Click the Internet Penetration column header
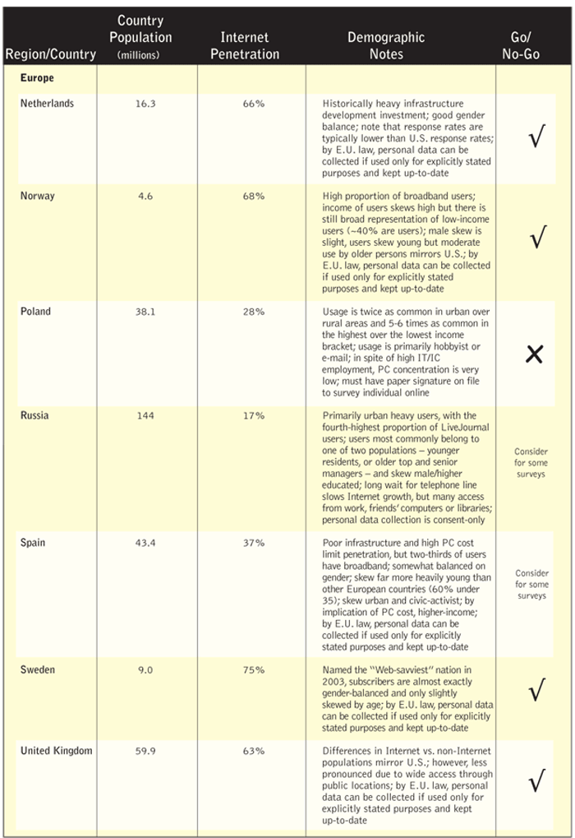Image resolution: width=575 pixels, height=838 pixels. [x=244, y=45]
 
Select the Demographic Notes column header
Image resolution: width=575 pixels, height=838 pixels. [x=386, y=45]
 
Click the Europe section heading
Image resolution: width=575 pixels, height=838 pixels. [x=37, y=79]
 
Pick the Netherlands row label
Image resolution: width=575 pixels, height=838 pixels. [x=47, y=104]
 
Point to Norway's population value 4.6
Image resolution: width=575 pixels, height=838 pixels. [x=145, y=197]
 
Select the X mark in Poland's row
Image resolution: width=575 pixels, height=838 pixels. [x=535, y=354]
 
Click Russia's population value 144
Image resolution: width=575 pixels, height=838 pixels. [x=145, y=416]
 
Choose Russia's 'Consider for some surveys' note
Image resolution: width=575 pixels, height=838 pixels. [x=531, y=463]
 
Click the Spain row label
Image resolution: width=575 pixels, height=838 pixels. [x=33, y=544]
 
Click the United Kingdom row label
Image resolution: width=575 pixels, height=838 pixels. [x=57, y=751]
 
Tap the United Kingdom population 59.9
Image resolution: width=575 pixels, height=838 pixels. [x=145, y=751]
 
